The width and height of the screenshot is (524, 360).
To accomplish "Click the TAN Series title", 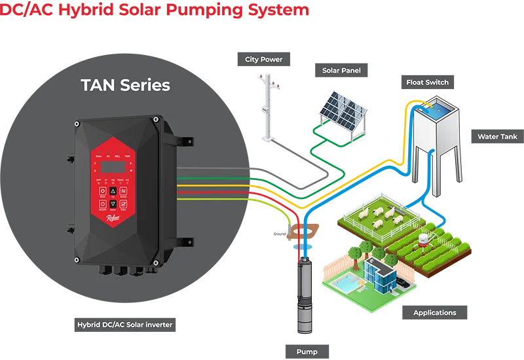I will [x=125, y=85].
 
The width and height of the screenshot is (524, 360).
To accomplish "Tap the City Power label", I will [x=264, y=60].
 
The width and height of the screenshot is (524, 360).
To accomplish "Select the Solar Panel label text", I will [x=341, y=71].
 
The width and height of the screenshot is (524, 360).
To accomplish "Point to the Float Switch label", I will [x=427, y=82].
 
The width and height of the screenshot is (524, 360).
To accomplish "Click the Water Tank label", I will [x=497, y=137].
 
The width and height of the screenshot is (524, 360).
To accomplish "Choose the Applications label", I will [x=434, y=313].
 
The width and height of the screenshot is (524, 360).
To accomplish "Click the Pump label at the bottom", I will [x=307, y=351].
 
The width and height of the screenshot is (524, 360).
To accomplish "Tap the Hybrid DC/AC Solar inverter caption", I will [x=123, y=325].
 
